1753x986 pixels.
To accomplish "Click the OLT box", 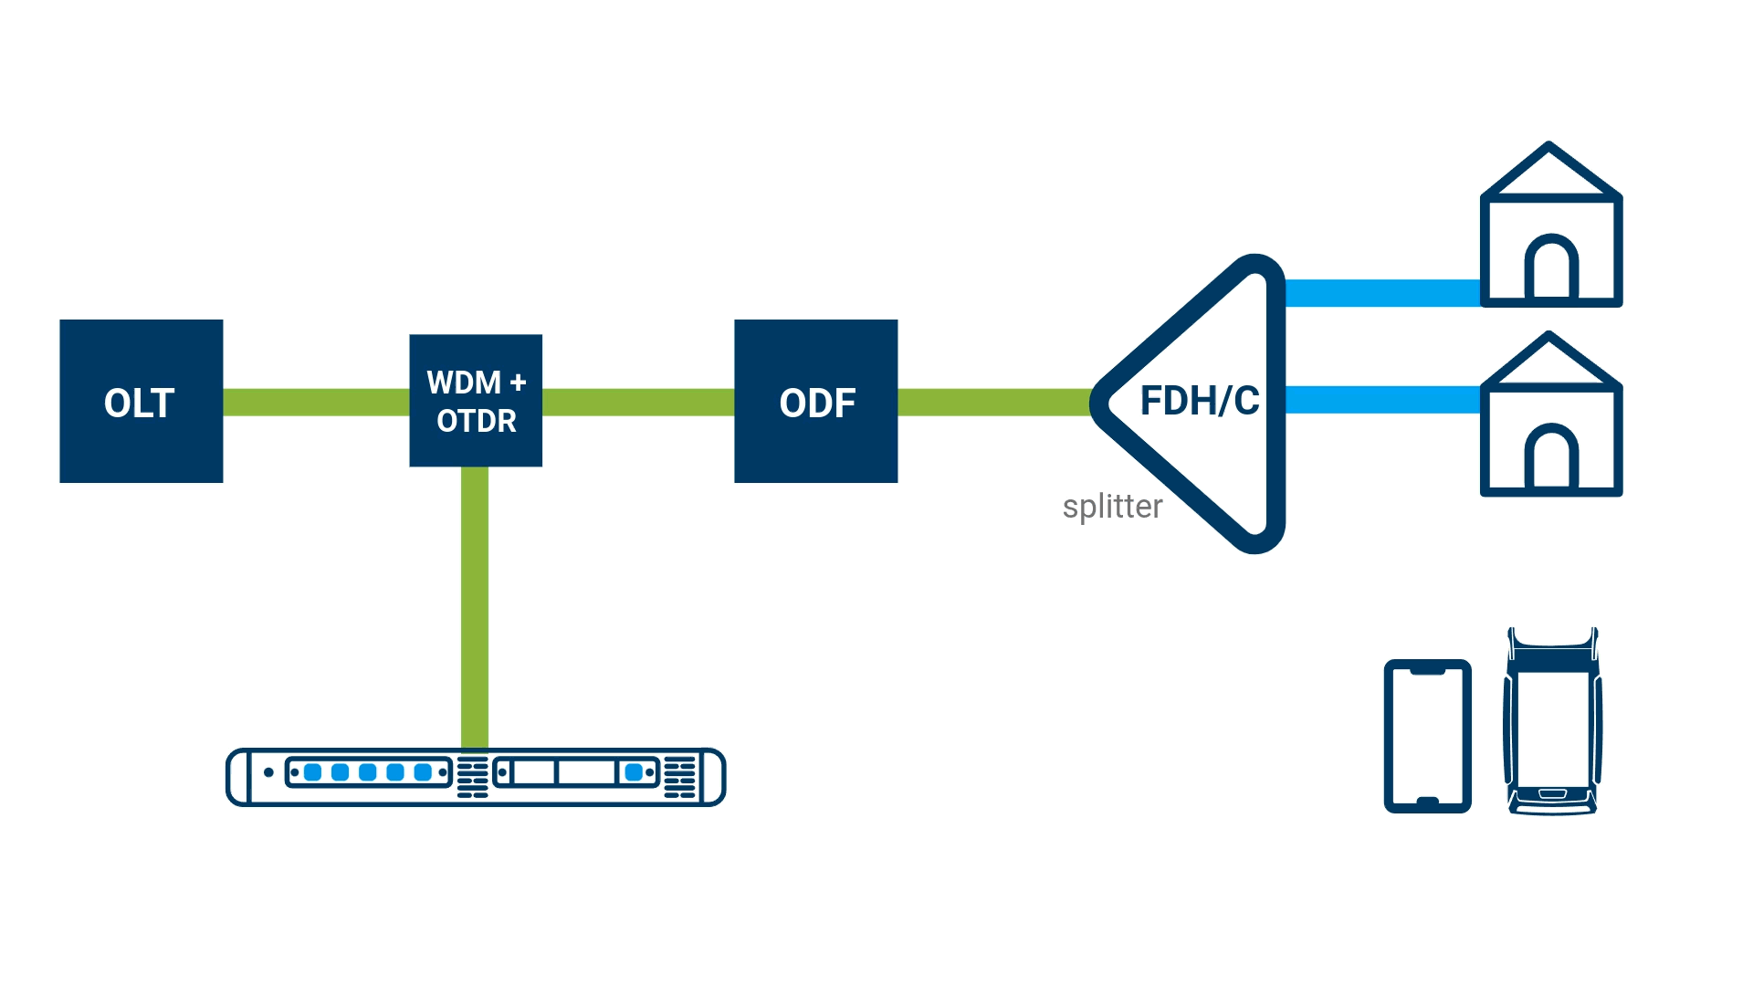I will click(141, 402).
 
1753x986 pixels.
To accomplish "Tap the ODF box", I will click(815, 402).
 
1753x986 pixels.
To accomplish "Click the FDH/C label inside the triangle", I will click(1199, 402).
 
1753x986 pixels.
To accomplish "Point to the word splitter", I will click(1112, 507).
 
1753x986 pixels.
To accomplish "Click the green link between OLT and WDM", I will click(316, 403).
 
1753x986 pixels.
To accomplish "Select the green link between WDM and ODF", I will click(638, 403).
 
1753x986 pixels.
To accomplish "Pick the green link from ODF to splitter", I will click(993, 403).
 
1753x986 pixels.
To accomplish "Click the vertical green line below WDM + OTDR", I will click(475, 607).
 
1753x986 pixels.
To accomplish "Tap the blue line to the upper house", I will click(1381, 293).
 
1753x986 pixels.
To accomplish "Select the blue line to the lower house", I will click(1381, 400).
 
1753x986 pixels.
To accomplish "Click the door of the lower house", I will click(1551, 458).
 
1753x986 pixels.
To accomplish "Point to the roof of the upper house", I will click(1549, 170).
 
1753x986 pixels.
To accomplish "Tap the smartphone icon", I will click(1427, 736).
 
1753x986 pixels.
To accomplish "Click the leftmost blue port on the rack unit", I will click(313, 772).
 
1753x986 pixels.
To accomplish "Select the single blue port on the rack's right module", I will click(634, 772).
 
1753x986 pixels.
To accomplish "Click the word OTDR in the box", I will click(476, 421).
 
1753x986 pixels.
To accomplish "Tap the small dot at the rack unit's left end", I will click(268, 772).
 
